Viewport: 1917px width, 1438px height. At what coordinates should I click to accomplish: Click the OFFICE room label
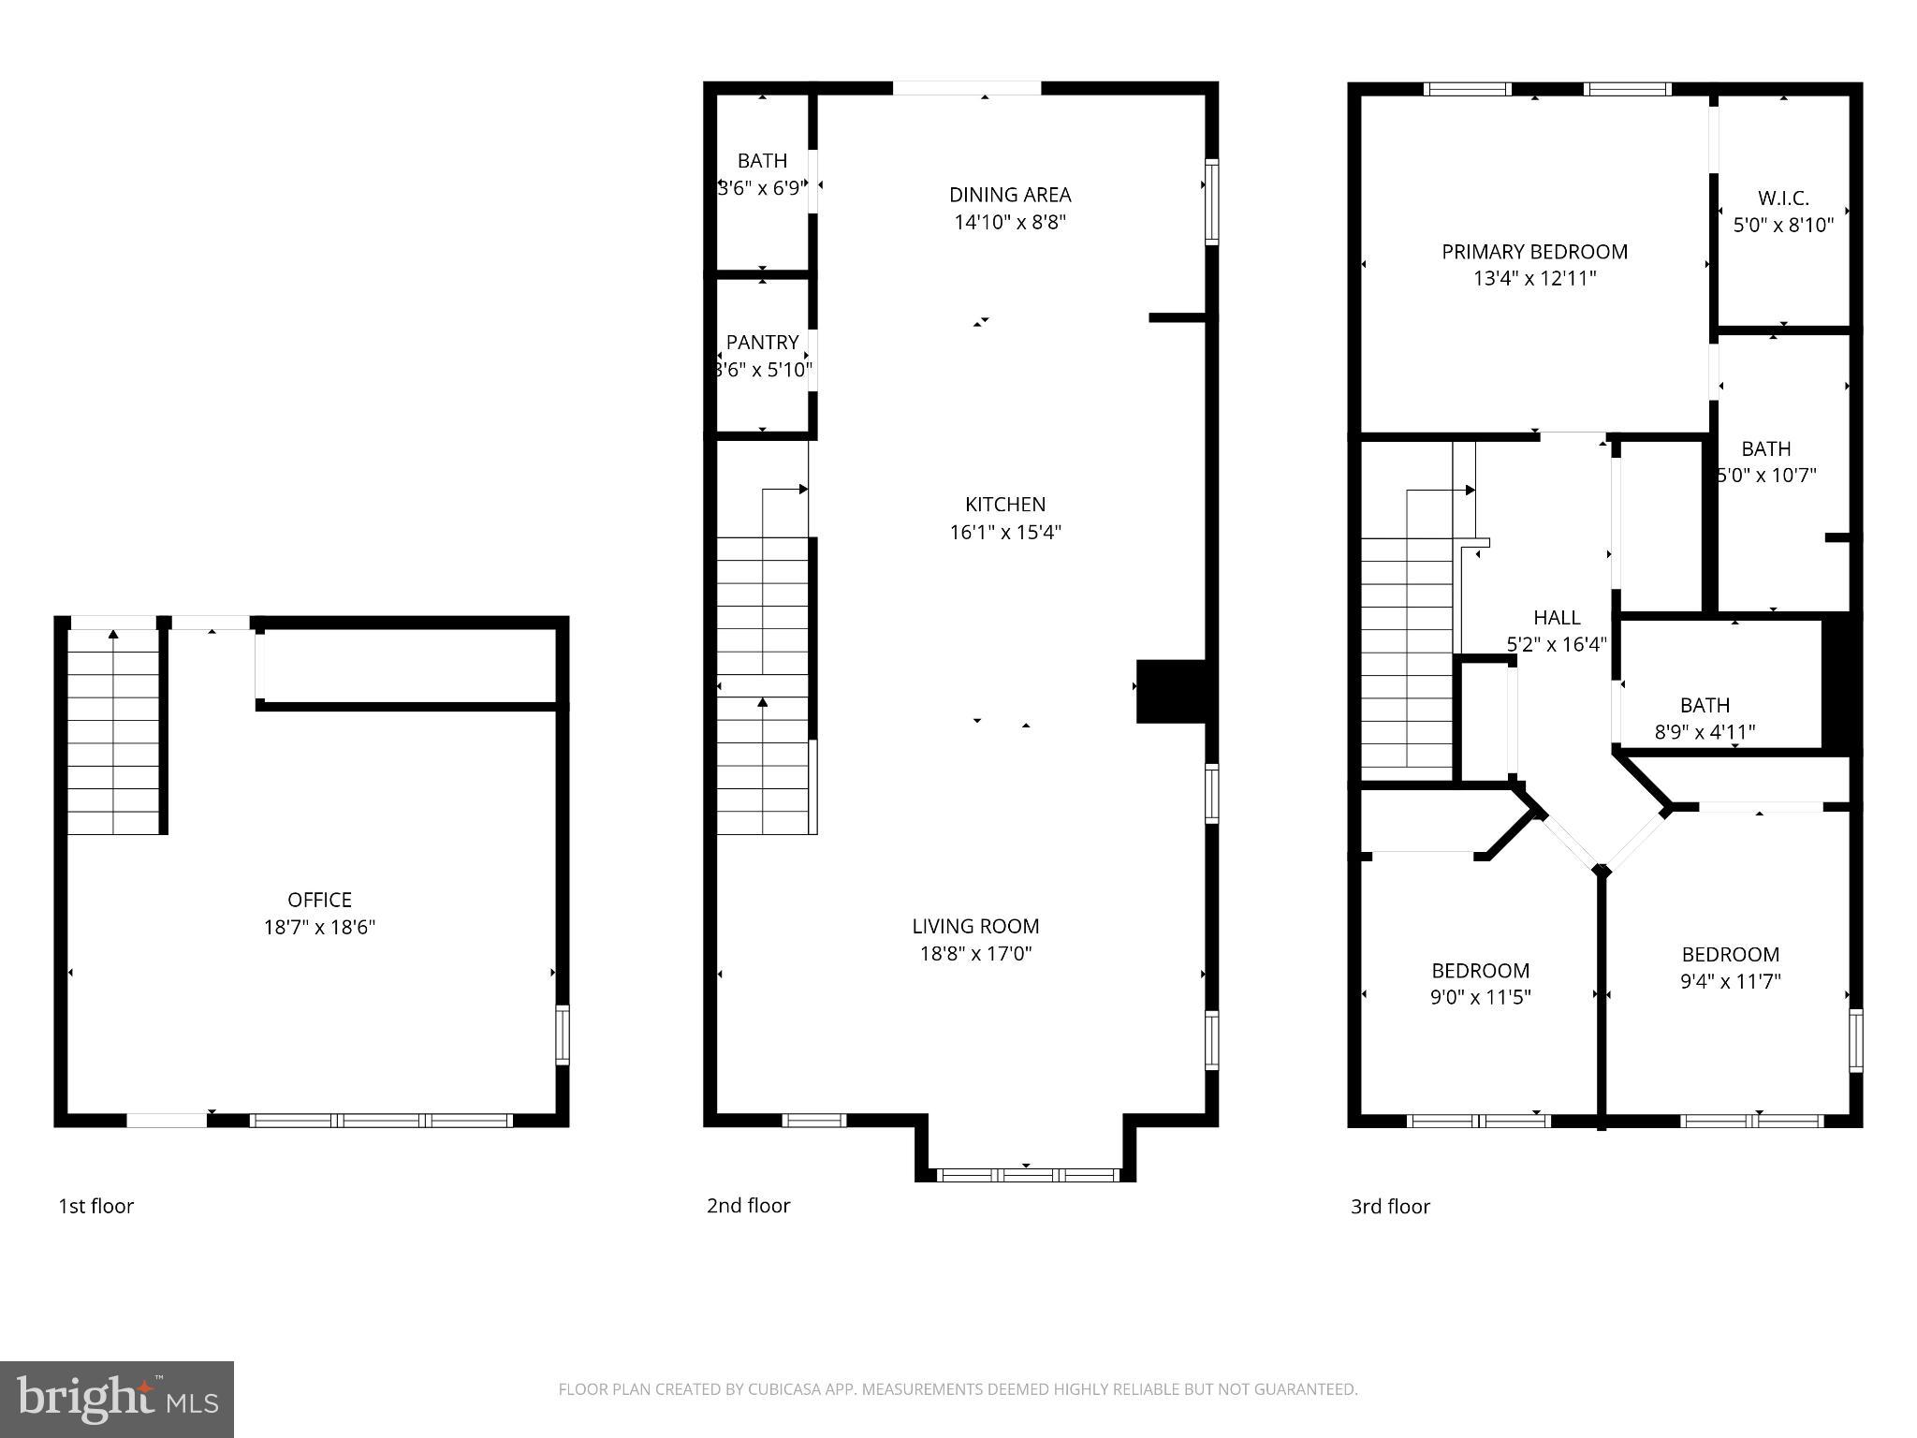coord(319,900)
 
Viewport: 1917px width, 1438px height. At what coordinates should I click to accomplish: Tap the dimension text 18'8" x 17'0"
coord(975,953)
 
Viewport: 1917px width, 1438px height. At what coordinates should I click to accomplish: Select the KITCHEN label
coord(1005,505)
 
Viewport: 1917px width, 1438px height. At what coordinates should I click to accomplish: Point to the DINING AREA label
coord(1010,195)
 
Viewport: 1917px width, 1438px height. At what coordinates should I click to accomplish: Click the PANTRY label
coord(762,343)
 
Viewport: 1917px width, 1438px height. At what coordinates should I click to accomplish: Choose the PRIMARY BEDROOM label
coord(1534,252)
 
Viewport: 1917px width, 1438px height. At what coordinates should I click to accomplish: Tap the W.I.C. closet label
coord(1783,198)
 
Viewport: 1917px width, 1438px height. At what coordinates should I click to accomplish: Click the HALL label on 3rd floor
coord(1557,618)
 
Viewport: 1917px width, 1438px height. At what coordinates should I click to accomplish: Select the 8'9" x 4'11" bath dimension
coord(1705,732)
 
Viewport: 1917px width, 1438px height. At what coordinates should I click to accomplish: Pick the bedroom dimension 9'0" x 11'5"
coord(1480,997)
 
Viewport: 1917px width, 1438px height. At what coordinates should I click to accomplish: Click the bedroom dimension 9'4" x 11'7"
coord(1730,981)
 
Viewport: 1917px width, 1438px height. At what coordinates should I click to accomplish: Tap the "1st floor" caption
coord(96,1206)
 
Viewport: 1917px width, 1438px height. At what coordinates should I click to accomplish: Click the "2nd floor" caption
coord(748,1205)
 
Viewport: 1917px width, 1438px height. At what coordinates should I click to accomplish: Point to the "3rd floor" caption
coord(1390,1206)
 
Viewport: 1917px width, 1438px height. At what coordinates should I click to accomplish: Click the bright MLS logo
coord(117,1399)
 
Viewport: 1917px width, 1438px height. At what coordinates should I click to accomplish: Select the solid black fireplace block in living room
coord(1170,691)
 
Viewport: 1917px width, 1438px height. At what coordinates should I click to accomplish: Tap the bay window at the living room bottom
coord(1028,1174)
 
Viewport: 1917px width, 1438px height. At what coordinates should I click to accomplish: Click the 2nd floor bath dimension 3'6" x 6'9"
coord(762,188)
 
